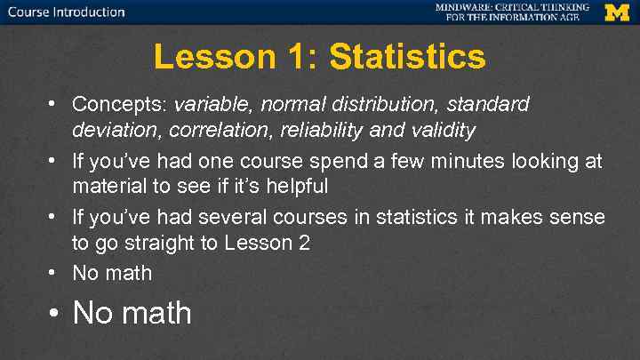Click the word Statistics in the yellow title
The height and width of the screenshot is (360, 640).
(408, 58)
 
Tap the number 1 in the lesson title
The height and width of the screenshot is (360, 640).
(296, 58)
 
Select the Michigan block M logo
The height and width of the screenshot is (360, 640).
(617, 12)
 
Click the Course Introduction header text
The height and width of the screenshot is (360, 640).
(67, 12)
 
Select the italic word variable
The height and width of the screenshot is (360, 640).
(214, 105)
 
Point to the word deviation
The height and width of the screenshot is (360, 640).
(108, 132)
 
